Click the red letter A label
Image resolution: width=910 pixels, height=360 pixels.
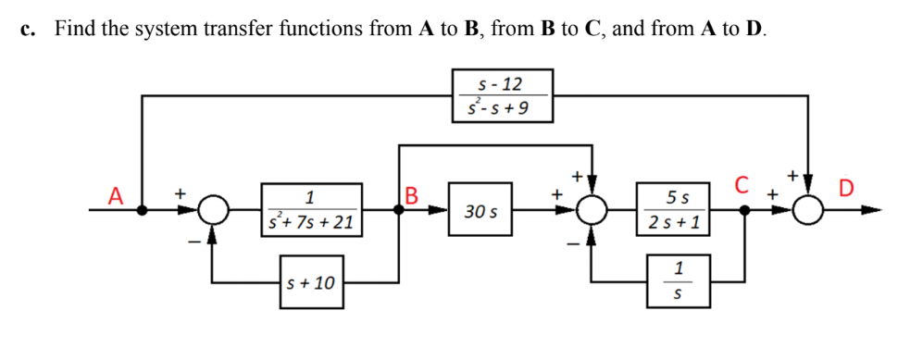(115, 195)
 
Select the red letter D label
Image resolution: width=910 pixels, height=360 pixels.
(847, 191)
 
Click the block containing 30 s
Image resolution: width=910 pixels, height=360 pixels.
(480, 212)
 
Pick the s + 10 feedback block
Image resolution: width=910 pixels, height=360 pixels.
(311, 280)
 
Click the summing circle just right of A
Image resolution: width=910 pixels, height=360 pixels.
(214, 211)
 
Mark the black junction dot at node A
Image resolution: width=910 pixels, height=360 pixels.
(143, 211)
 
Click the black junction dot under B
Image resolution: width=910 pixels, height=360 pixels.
(400, 211)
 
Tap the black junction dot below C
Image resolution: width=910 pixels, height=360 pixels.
(747, 211)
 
